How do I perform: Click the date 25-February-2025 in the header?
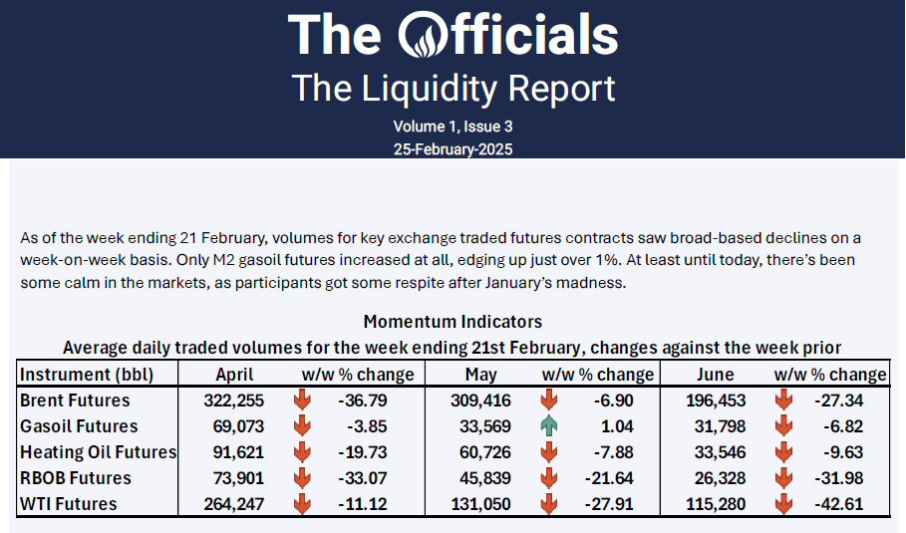(453, 148)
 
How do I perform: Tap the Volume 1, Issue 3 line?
(453, 127)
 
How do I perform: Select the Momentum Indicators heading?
(453, 322)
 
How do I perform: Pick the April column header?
(234, 375)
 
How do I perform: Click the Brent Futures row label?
(75, 400)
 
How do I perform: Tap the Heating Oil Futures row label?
(98, 452)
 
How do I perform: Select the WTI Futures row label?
(68, 504)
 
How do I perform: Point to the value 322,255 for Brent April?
(234, 400)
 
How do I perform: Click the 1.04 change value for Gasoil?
(622, 426)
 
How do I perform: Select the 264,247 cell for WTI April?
(234, 504)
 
